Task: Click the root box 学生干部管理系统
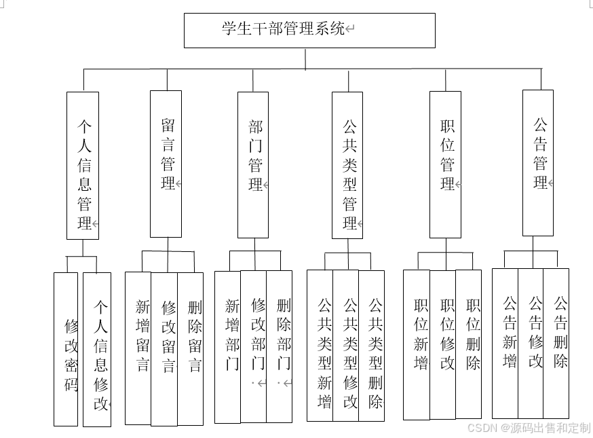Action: click(309, 30)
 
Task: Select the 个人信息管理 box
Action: click(83, 166)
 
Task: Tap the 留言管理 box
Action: click(166, 164)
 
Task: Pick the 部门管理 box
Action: click(253, 164)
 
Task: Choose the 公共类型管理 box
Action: click(347, 165)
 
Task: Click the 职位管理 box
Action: click(445, 164)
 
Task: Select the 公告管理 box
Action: click(538, 163)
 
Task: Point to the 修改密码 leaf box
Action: click(66, 349)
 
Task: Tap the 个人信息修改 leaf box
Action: click(97, 349)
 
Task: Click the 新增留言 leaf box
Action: click(138, 348)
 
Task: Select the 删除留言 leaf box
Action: click(191, 348)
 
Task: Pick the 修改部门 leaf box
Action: click(254, 346)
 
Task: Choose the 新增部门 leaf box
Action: click(228, 346)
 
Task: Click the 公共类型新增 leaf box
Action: click(320, 345)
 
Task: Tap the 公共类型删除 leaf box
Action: click(372, 345)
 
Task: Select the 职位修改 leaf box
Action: click(443, 344)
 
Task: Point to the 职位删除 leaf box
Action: click(469, 344)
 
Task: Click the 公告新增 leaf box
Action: click(505, 343)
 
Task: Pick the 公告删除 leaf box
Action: click(556, 343)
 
